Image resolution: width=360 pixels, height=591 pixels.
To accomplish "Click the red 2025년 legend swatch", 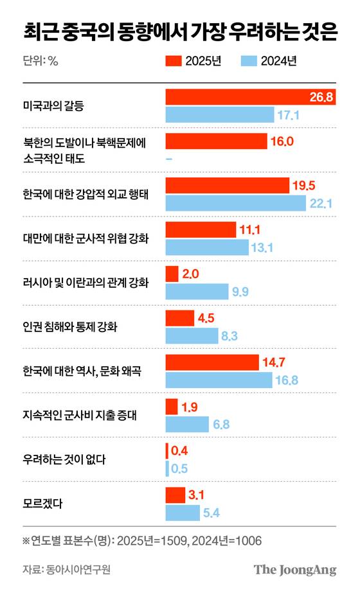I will coord(174,61).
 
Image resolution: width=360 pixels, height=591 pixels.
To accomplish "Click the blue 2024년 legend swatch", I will coord(249,61).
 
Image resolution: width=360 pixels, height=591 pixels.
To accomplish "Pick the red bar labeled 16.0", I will coord(216,141).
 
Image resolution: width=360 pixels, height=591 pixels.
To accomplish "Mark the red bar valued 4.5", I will coord(180,318).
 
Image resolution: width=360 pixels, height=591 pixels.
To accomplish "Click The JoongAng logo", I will coord(294,569).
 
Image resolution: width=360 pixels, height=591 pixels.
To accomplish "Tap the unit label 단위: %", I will coord(40,62).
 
